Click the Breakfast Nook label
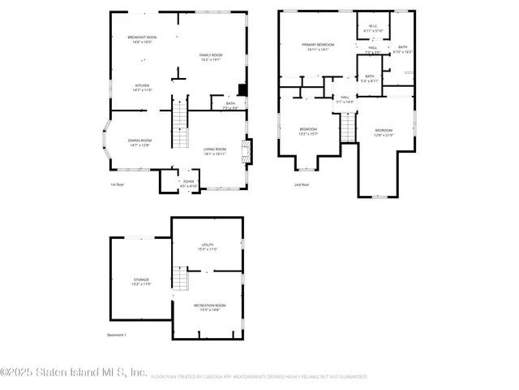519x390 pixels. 142,40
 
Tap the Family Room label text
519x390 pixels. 210,57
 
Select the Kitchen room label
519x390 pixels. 142,88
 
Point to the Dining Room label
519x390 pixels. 139,142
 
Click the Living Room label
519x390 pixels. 214,151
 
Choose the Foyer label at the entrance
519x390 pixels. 188,184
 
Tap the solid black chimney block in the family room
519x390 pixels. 241,90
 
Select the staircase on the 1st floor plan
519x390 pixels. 178,126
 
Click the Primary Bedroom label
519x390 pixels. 318,47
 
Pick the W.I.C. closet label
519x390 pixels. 372,28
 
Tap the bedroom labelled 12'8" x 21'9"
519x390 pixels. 384,132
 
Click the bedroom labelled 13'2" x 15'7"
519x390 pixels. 309,132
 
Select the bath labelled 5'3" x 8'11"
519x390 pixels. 369,78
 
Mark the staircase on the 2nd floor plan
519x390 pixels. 349,127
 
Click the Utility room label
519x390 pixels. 208,246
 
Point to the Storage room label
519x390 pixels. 141,281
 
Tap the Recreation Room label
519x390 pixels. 209,307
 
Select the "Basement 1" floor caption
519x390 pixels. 117,335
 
